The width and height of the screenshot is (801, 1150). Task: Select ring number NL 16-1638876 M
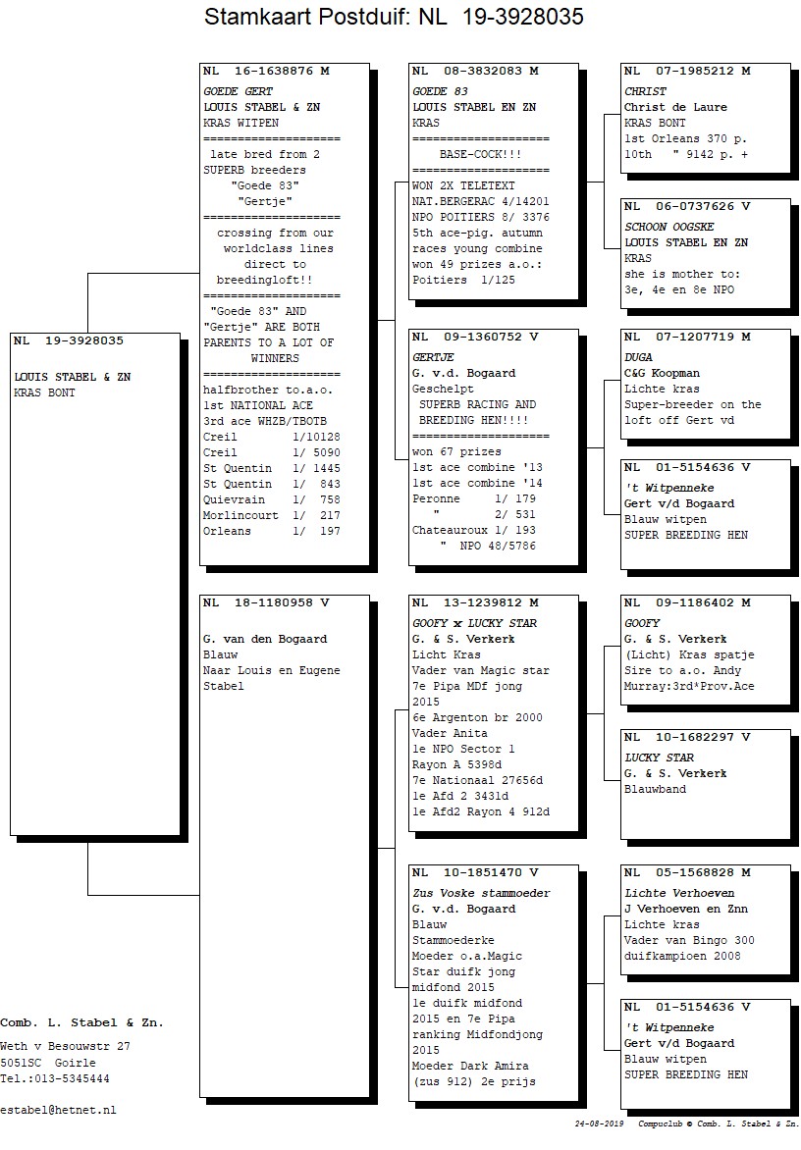tap(266, 72)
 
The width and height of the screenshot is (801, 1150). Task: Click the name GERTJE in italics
tap(433, 358)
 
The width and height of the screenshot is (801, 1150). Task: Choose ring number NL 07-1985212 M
tap(687, 72)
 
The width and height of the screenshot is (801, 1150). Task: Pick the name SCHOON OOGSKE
tap(668, 228)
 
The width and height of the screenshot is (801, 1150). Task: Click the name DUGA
tap(638, 358)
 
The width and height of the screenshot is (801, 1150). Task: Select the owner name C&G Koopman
tap(662, 373)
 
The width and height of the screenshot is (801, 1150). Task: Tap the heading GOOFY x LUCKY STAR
tap(474, 623)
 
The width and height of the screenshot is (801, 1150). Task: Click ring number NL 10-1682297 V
tap(687, 737)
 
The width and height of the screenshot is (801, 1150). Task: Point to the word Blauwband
tap(655, 790)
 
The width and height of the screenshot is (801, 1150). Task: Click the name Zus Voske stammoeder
tap(481, 893)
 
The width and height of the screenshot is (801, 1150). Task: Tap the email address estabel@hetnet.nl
tap(58, 1111)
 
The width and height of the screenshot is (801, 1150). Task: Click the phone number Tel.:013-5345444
tap(54, 1078)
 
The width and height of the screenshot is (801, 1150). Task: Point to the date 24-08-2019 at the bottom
tap(600, 1124)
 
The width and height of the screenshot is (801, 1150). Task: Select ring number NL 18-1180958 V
tap(266, 602)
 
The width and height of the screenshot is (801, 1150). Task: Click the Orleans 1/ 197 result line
tap(271, 532)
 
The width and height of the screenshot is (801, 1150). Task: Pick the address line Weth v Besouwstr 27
tap(66, 1047)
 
